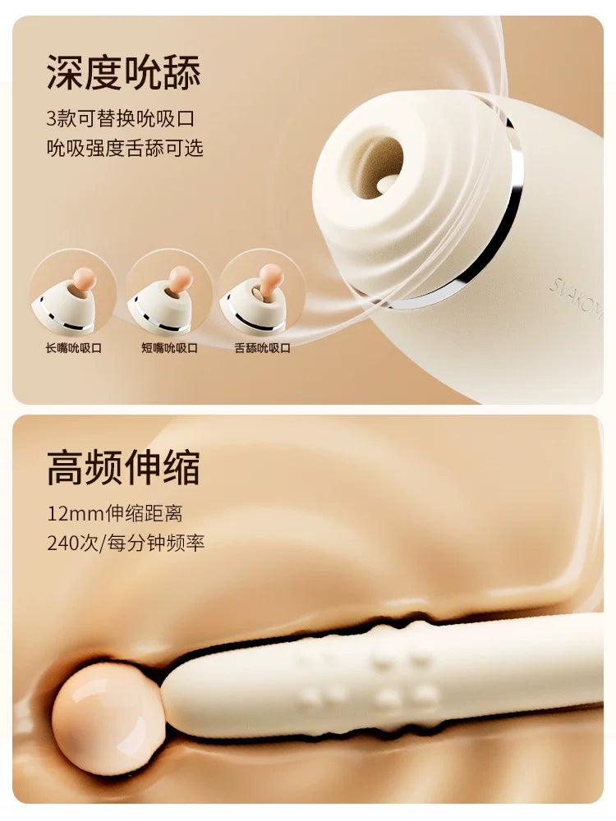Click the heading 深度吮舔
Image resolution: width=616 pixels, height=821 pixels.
pos(123,72)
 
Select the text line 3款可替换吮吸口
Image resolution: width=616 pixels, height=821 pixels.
pos(120,118)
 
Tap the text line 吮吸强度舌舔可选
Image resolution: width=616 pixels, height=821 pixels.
pos(124,149)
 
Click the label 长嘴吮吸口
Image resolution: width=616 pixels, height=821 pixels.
pos(73,348)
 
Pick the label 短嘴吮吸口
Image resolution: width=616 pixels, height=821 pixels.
pos(169,348)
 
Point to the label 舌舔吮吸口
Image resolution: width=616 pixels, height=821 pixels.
pos(263,348)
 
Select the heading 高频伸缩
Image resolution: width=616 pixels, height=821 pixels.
pos(123,468)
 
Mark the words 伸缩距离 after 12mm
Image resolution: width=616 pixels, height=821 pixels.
pos(145,514)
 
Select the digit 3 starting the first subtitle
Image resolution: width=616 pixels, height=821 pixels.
pos(51,118)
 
